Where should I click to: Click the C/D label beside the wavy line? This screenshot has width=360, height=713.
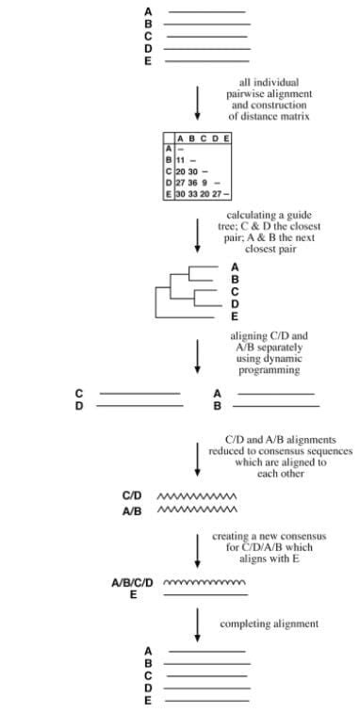[132, 495]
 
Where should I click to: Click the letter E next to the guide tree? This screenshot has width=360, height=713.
[234, 316]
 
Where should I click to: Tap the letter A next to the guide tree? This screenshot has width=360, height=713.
[234, 267]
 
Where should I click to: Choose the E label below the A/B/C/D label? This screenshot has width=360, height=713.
[134, 595]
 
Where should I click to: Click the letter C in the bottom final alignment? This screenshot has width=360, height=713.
[148, 675]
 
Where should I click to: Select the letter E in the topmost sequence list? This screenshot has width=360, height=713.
[148, 60]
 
